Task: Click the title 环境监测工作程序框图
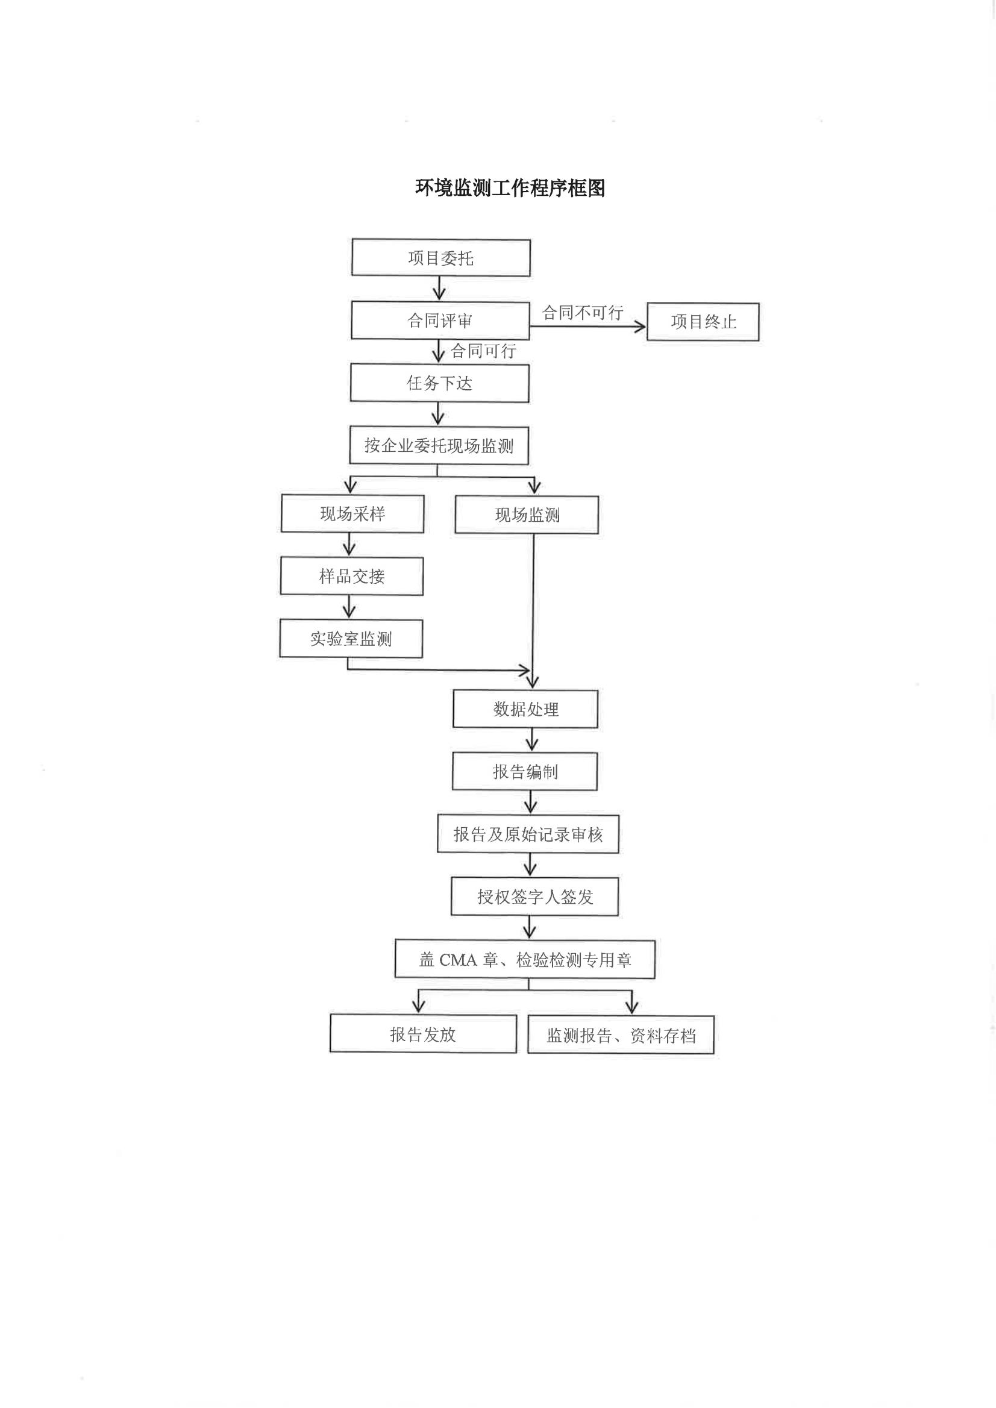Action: click(x=510, y=187)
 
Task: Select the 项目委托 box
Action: click(x=441, y=258)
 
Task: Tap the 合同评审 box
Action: click(x=440, y=320)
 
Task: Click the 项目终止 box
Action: click(x=703, y=321)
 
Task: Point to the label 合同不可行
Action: click(x=583, y=313)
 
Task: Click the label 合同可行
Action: click(x=483, y=351)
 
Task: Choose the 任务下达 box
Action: click(x=440, y=383)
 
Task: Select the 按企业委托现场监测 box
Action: click(x=439, y=446)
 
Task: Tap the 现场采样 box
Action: click(x=352, y=514)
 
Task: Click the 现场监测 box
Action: click(x=527, y=515)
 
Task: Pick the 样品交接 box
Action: click(x=352, y=577)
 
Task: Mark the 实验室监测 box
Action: click(x=351, y=639)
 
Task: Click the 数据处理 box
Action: click(x=525, y=710)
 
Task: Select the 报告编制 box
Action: click(x=525, y=771)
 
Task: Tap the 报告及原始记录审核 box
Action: click(x=528, y=834)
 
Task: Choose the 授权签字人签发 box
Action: click(x=535, y=896)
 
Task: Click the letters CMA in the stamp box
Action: click(x=458, y=960)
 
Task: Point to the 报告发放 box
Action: click(x=423, y=1034)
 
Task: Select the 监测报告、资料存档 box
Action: click(x=621, y=1036)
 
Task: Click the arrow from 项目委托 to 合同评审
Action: click(x=439, y=288)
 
